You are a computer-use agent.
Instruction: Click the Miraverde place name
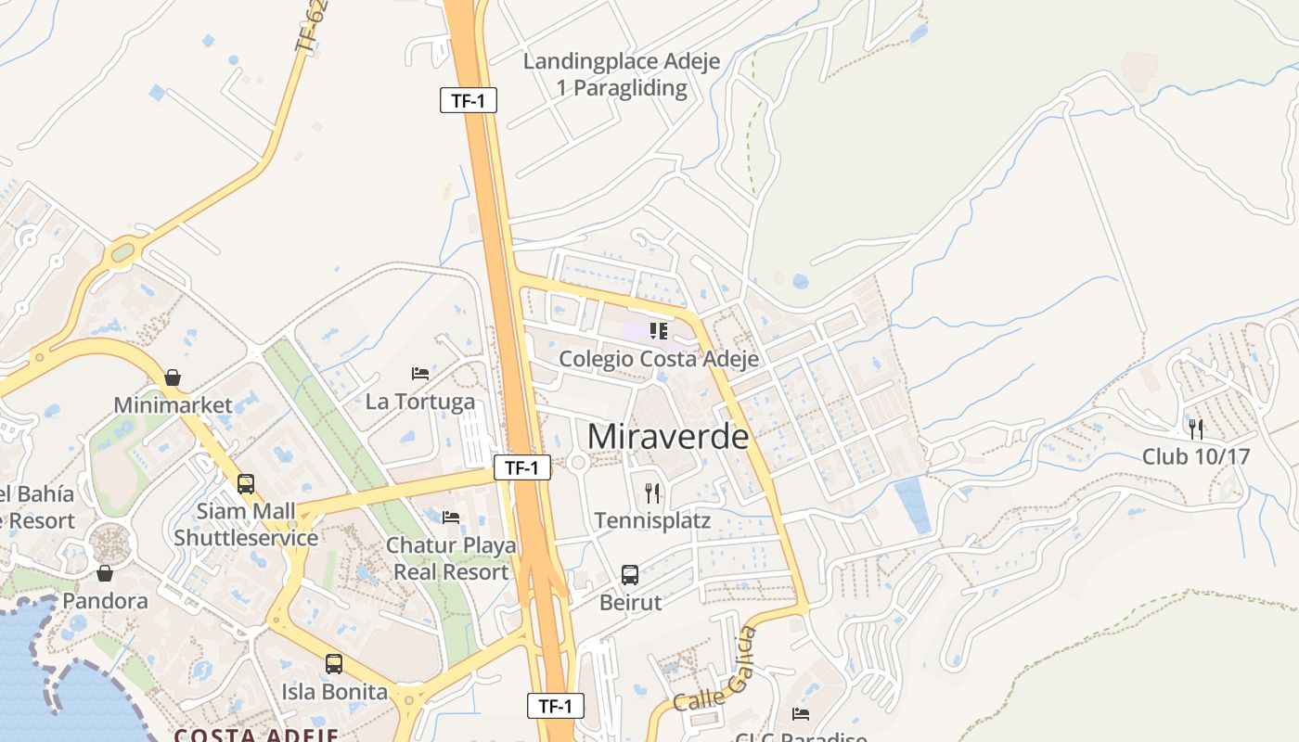tap(667, 436)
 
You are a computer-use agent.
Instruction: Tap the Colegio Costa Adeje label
tap(659, 359)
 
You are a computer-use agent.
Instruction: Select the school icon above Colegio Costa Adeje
tap(659, 331)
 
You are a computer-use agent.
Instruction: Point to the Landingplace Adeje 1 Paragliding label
tap(622, 75)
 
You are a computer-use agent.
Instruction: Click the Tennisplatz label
tap(652, 520)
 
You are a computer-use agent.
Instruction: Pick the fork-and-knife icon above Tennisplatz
tap(652, 493)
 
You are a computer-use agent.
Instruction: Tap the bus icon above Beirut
tap(630, 575)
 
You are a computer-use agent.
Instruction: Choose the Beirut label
tap(631, 603)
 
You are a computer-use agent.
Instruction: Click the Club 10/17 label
tap(1196, 456)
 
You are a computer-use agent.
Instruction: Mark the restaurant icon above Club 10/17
tap(1196, 429)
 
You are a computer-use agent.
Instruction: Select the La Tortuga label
tap(420, 402)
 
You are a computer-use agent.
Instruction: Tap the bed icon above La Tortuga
tap(420, 374)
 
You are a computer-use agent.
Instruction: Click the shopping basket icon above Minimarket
tap(173, 377)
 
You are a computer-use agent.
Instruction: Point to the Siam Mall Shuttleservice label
tap(246, 524)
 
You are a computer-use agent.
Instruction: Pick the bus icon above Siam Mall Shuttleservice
tap(246, 483)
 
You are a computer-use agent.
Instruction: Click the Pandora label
tap(105, 601)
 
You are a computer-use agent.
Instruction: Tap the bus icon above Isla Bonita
tap(334, 664)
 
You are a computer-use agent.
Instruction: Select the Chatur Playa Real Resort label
tap(451, 558)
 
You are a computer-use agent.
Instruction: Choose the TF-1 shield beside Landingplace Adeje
tap(469, 100)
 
